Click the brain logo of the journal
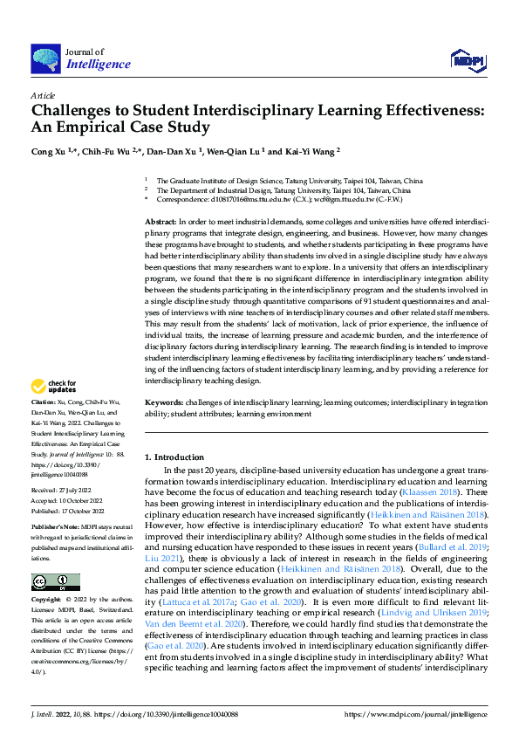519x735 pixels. click(x=45, y=58)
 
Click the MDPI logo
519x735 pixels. click(x=467, y=59)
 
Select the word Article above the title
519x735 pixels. click(x=43, y=94)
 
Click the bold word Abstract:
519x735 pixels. click(x=160, y=223)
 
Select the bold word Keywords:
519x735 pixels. click(x=164, y=403)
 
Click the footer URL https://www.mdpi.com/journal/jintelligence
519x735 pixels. click(x=417, y=714)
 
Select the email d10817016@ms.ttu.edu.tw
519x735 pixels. click(x=244, y=199)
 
